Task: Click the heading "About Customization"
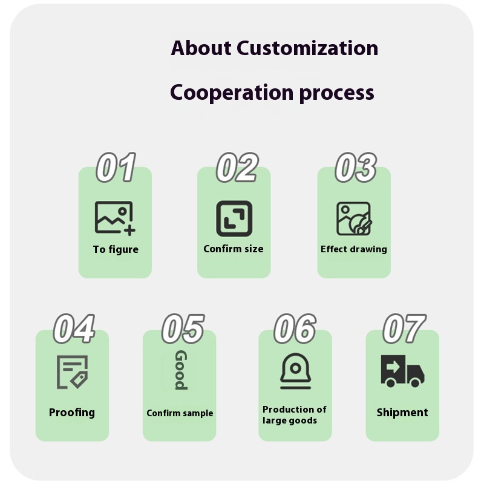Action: (274, 48)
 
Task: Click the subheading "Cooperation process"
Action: (272, 93)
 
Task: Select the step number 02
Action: (237, 168)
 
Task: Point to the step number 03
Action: (355, 168)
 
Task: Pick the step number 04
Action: (74, 329)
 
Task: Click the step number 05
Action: (182, 329)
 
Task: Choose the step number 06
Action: (295, 329)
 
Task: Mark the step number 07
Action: (404, 329)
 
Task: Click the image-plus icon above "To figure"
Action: (114, 218)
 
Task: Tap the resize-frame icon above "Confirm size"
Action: (234, 218)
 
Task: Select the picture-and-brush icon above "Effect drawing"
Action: (354, 218)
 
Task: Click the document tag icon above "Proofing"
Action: (72, 371)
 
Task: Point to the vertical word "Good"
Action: (180, 370)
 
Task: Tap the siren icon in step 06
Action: (295, 371)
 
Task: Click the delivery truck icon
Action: (402, 371)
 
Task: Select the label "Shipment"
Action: (402, 413)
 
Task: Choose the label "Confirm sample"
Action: (180, 413)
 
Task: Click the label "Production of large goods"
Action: (294, 415)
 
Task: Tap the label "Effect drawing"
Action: (354, 249)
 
